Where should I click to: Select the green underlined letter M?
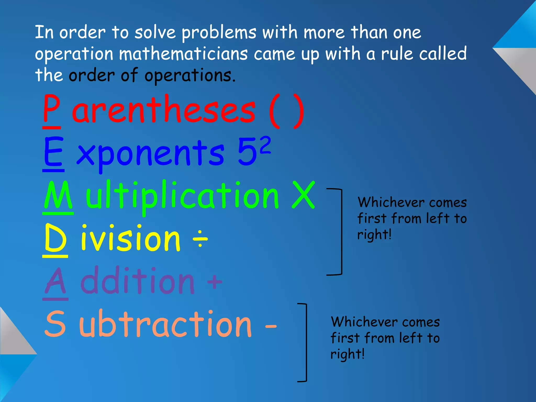pos(58,195)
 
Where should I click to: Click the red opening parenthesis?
pos(274,111)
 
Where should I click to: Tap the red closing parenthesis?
pos(298,111)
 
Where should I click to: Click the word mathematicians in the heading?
pos(183,54)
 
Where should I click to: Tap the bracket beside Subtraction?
pos(305,343)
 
